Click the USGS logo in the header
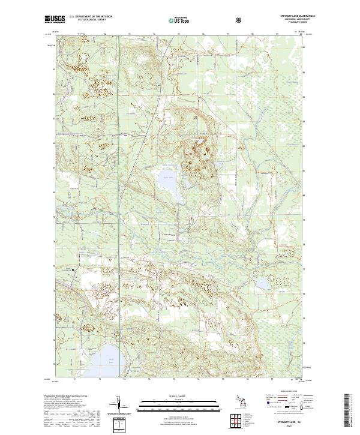coord(55,19)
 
